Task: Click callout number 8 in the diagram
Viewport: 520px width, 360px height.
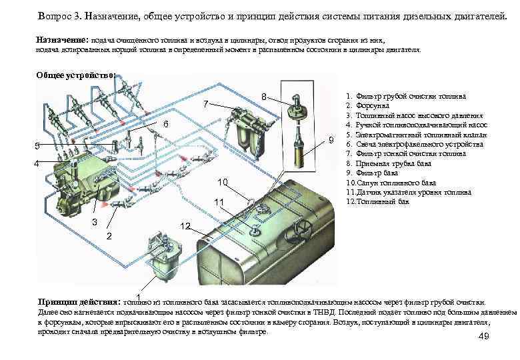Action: [x=264, y=97]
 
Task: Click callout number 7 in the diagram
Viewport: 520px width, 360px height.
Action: [x=206, y=103]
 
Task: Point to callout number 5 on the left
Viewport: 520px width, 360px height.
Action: [x=37, y=146]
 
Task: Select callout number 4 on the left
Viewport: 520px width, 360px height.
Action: [x=37, y=163]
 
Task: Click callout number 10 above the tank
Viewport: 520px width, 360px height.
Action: [x=223, y=182]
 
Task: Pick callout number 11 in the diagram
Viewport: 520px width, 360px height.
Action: [x=218, y=202]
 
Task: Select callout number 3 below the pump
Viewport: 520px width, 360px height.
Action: [x=95, y=222]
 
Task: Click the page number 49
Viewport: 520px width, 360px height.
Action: [x=484, y=337]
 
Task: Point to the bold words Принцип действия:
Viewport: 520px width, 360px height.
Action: [x=79, y=301]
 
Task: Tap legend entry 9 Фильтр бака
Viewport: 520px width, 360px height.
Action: [x=377, y=173]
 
